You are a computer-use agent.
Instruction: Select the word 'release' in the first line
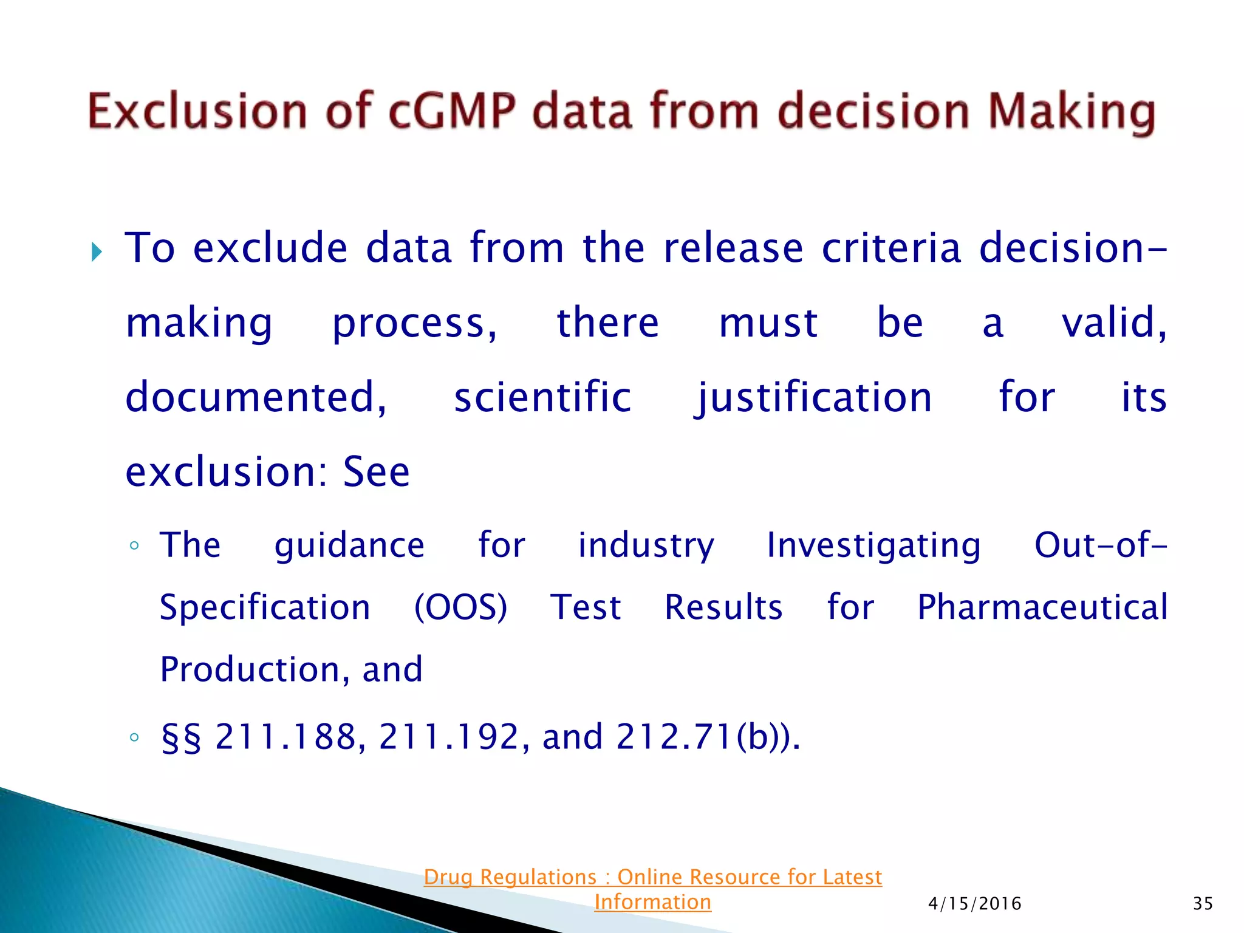click(734, 248)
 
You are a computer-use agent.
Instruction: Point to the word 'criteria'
click(891, 248)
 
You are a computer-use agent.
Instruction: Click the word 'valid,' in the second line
click(1114, 323)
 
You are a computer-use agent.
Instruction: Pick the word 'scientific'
click(542, 397)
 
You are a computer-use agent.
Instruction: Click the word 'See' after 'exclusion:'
click(377, 472)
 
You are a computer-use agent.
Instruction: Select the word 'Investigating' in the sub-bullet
click(873, 545)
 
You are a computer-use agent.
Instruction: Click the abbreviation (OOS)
click(460, 607)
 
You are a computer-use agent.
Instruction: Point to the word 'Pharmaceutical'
click(1042, 607)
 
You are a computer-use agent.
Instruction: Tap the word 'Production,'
click(255, 670)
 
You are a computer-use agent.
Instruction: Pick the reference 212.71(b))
click(708, 737)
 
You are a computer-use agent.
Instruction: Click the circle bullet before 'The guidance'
click(134, 545)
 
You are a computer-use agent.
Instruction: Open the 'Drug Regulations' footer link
click(652, 889)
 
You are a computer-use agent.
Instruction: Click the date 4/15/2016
click(975, 904)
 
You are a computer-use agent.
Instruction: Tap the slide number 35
click(1203, 904)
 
